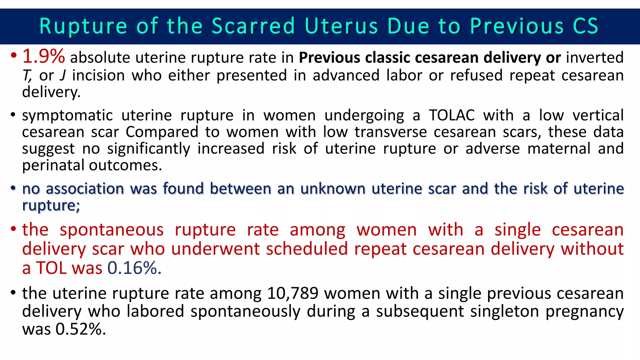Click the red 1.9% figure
44,56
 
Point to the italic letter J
63,75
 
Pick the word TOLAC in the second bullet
452,115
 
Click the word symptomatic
67,116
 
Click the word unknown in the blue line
333,189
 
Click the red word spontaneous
112,230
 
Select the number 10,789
293,293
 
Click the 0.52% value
81,329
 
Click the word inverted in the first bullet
595,57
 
